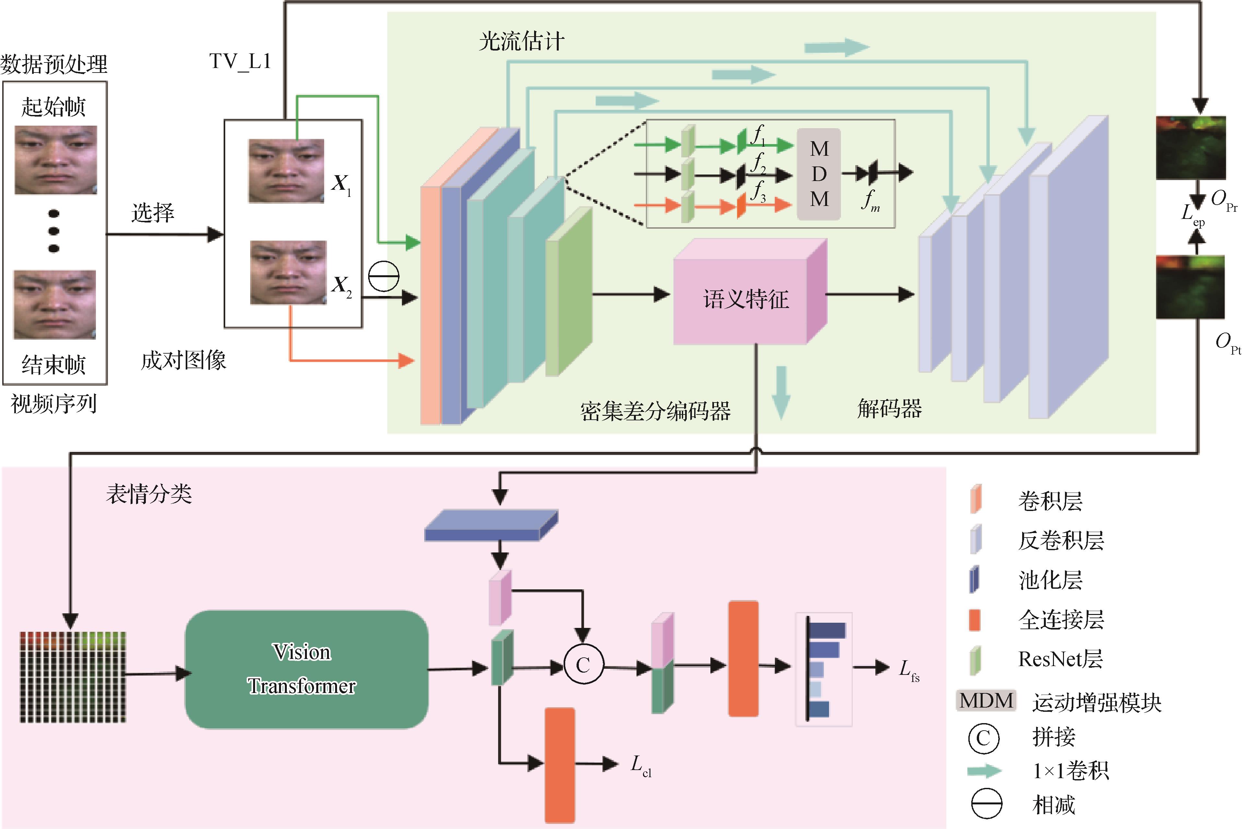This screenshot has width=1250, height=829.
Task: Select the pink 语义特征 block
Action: (x=746, y=299)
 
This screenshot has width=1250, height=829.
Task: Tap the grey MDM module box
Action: (x=819, y=174)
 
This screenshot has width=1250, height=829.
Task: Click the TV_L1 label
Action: (x=240, y=62)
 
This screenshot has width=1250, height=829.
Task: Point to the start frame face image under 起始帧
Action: (x=55, y=160)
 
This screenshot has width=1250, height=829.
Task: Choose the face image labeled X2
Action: (x=288, y=272)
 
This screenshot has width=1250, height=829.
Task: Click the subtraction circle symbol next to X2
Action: (x=383, y=276)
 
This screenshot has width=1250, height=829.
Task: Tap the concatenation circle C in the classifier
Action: (x=583, y=664)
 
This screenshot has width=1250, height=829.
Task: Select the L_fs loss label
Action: (x=909, y=669)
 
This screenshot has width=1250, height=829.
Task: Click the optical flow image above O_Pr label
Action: (x=1190, y=148)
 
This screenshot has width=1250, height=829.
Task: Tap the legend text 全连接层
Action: (x=1061, y=619)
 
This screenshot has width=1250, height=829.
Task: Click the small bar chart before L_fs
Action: (x=824, y=669)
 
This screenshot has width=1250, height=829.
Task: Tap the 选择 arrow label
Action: (x=152, y=212)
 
